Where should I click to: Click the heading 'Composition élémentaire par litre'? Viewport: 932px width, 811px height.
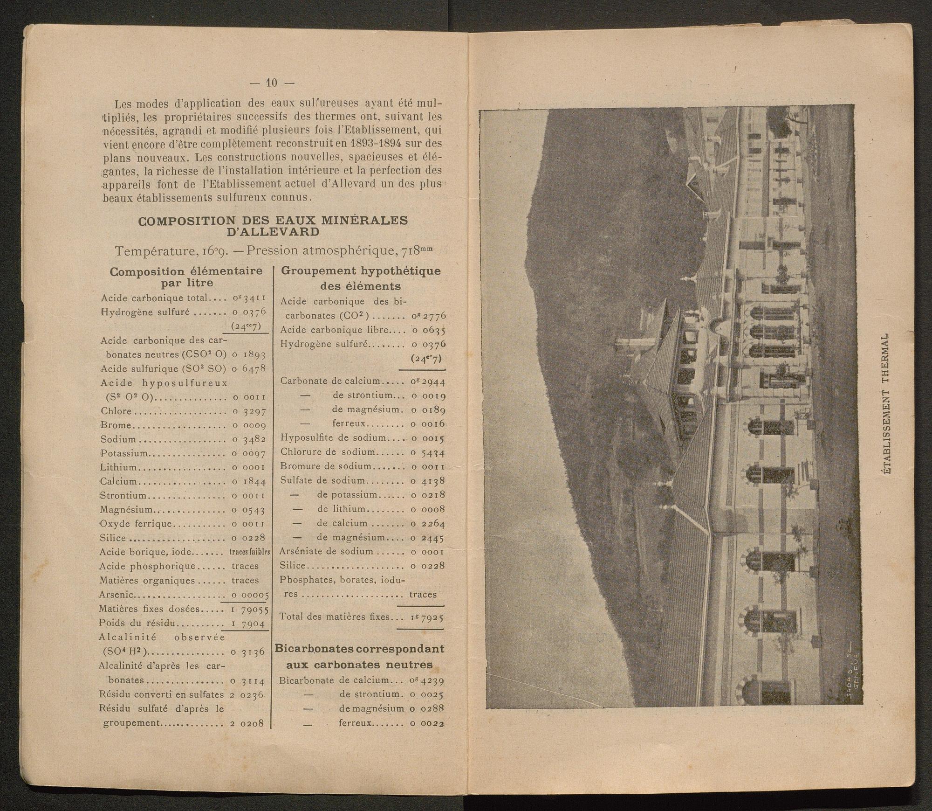[x=186, y=277]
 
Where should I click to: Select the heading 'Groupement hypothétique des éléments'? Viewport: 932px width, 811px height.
[x=361, y=278]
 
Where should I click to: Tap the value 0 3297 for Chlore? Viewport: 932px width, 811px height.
[x=248, y=411]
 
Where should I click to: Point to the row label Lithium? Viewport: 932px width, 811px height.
[x=119, y=467]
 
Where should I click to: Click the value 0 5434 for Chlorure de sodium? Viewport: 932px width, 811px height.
[x=427, y=452]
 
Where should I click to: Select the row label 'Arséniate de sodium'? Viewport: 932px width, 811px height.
[x=327, y=551]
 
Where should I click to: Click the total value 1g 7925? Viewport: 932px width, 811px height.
[x=427, y=617]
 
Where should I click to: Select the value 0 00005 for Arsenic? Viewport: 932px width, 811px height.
[x=250, y=595]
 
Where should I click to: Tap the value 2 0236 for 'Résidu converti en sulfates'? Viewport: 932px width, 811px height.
[x=247, y=694]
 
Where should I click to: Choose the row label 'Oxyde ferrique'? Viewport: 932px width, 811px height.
[x=136, y=524]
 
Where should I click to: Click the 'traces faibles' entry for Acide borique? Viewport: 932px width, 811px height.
[x=250, y=552]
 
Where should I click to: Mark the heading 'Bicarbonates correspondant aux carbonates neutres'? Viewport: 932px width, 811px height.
[x=359, y=656]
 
